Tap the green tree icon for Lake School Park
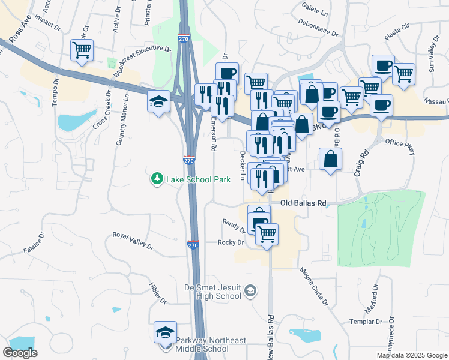point(157,179)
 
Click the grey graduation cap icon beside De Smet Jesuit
point(250,292)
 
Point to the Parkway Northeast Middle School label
point(211,345)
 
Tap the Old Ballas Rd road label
point(303,203)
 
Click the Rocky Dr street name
point(231,242)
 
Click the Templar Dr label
point(366,322)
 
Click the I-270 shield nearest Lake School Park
point(188,161)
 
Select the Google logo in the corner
point(20,353)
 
